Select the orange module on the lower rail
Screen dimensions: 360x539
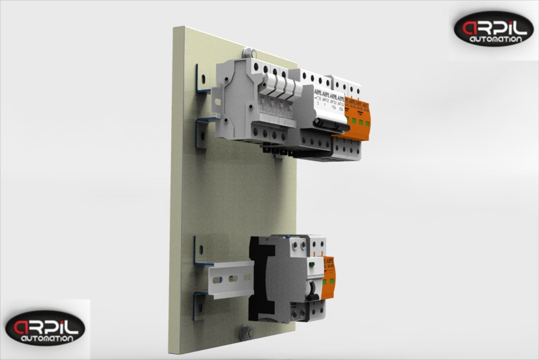point(329,278)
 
